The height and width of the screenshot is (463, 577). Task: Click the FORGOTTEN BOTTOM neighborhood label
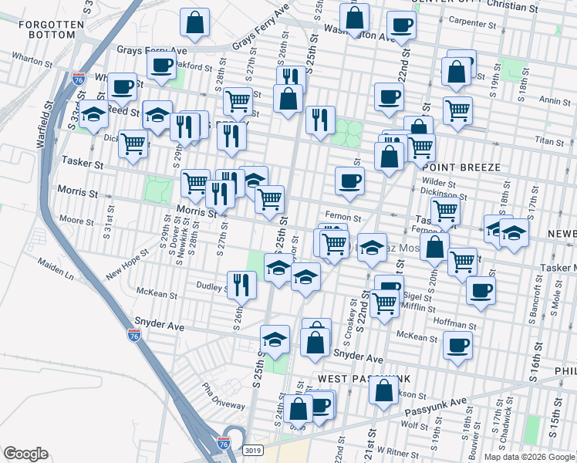[51, 30]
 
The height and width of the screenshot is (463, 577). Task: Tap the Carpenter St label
[477, 22]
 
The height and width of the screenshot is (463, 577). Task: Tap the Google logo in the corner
[25, 453]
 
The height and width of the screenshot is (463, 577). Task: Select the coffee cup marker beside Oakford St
[162, 66]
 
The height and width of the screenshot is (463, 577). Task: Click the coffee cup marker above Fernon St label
[349, 181]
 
